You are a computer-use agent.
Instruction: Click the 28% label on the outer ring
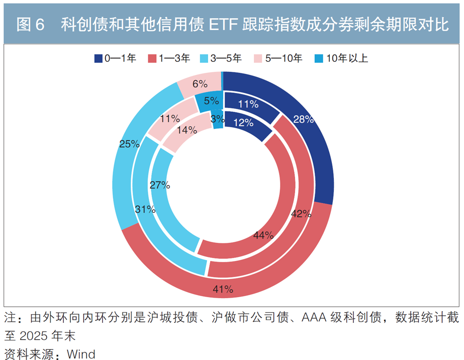(303, 119)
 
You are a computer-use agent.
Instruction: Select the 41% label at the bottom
(223, 289)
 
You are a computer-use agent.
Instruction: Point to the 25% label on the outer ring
(129, 144)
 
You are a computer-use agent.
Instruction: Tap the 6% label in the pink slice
(200, 84)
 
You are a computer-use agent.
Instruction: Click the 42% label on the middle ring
(301, 214)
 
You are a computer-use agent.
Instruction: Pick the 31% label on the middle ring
(145, 209)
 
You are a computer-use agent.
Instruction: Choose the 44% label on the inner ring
(263, 235)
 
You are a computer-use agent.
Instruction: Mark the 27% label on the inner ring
(160, 185)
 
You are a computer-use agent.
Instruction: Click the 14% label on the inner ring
(187, 130)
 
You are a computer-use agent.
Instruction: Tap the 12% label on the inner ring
(243, 123)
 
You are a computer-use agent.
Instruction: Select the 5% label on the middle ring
(211, 101)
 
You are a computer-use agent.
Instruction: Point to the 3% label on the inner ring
(218, 119)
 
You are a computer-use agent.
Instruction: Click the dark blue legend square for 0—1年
(98, 58)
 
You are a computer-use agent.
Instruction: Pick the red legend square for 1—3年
(152, 58)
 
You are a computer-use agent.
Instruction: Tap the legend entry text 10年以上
(347, 58)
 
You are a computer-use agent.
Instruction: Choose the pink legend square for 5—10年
(258, 58)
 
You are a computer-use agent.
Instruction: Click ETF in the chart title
(223, 25)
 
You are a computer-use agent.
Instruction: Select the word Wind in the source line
(81, 354)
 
